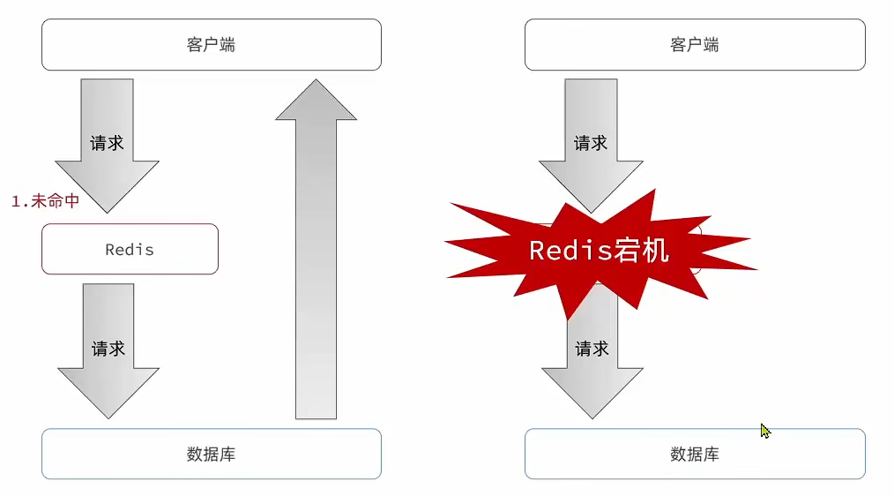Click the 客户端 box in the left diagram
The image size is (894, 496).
click(x=212, y=45)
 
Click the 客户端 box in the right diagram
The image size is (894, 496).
click(x=695, y=45)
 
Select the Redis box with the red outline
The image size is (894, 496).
click(x=130, y=249)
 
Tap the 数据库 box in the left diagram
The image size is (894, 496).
click(x=212, y=455)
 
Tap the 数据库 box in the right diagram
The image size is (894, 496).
click(x=695, y=455)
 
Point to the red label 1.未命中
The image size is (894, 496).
click(x=45, y=201)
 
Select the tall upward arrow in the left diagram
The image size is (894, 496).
click(x=316, y=265)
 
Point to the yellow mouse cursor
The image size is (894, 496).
click(x=764, y=431)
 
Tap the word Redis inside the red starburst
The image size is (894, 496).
click(x=564, y=250)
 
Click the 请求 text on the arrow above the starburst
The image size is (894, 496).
click(x=591, y=143)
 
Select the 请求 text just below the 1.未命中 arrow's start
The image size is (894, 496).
click(x=107, y=143)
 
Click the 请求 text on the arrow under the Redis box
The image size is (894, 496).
click(x=108, y=349)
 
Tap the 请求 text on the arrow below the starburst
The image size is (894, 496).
click(x=592, y=349)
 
